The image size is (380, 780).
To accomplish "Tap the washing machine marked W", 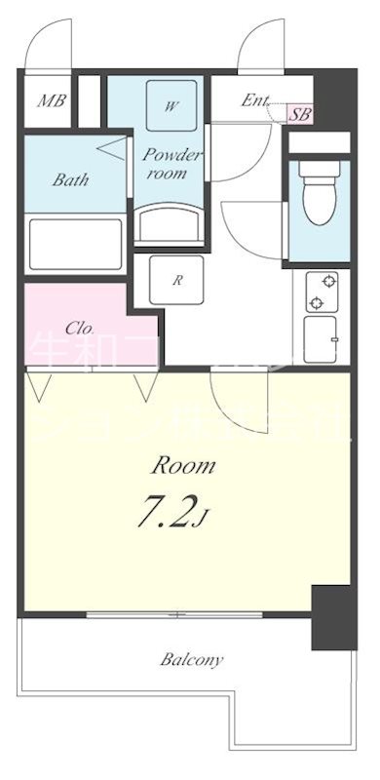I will [170, 106].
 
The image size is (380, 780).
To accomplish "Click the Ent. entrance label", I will [255, 99].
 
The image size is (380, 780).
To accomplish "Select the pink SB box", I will [301, 113].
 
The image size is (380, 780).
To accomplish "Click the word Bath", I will [71, 179].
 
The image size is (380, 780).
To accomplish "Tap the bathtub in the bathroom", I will [75, 243].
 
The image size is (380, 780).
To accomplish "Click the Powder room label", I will [171, 163].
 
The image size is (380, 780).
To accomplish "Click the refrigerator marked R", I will [178, 281].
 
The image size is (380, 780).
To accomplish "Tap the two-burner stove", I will [321, 292].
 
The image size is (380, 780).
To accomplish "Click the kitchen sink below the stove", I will [321, 341].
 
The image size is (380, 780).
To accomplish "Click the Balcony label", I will [192, 660].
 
